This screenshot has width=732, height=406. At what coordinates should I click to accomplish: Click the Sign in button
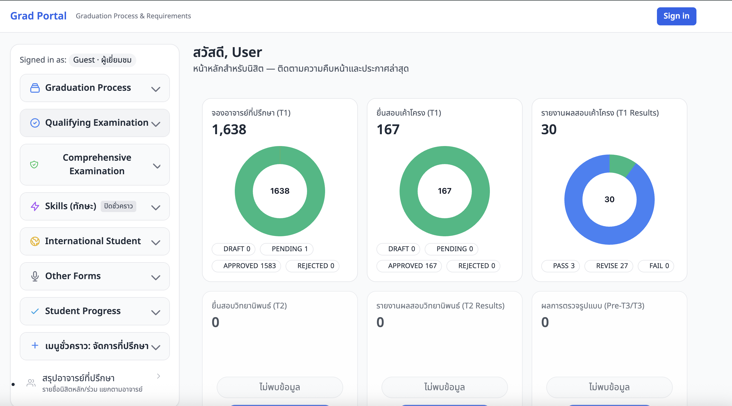click(x=676, y=16)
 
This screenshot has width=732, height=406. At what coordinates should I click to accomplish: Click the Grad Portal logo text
click(x=38, y=16)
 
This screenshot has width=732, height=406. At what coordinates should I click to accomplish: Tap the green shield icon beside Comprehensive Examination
click(x=34, y=164)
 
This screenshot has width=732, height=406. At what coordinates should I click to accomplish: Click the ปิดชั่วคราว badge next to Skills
click(x=118, y=206)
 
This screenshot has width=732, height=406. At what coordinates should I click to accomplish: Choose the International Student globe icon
click(x=35, y=241)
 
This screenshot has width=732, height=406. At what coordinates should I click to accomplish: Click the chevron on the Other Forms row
click(x=156, y=277)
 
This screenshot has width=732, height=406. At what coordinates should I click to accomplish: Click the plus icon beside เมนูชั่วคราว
click(x=35, y=346)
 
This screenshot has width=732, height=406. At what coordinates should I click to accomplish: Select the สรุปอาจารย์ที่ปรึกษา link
click(x=78, y=378)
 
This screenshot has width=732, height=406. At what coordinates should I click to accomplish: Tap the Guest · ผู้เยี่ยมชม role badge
click(x=102, y=60)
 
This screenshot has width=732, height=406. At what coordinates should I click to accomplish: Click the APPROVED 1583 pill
click(x=246, y=266)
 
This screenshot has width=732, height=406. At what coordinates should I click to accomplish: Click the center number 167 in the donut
click(x=444, y=191)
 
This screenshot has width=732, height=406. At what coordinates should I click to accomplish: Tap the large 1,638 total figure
click(x=229, y=129)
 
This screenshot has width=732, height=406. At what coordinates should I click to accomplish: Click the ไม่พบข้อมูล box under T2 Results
click(x=444, y=387)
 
